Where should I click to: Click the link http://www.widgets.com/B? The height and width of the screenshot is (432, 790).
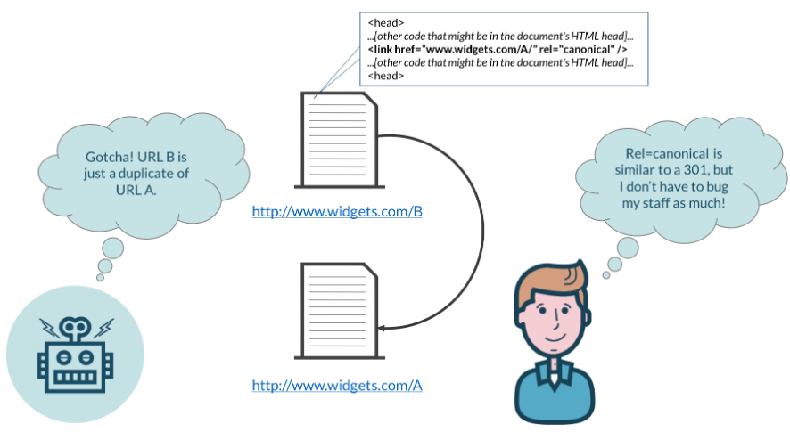(336, 212)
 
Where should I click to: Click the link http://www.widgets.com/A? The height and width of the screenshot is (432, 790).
(336, 386)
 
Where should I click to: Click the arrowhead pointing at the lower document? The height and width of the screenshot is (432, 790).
(381, 329)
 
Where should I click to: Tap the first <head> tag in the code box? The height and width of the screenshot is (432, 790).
(385, 20)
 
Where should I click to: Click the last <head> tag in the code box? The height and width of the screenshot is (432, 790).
(385, 77)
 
